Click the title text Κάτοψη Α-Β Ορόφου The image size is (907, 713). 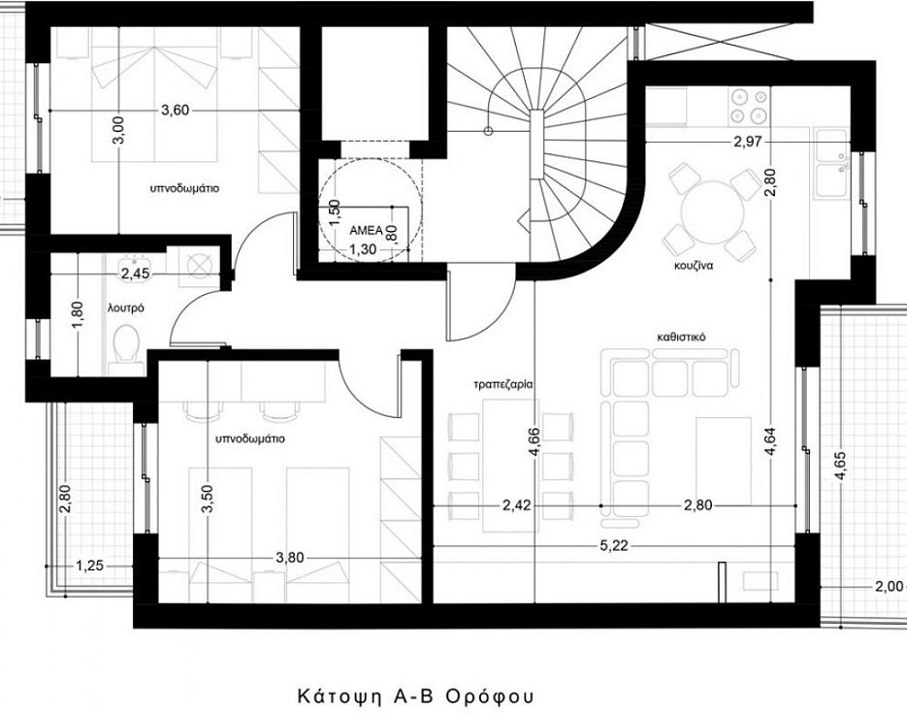(x=415, y=697)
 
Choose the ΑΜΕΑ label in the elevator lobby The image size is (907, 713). (x=367, y=220)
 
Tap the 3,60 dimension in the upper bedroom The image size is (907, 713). (x=175, y=111)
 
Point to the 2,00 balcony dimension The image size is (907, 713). (x=889, y=585)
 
